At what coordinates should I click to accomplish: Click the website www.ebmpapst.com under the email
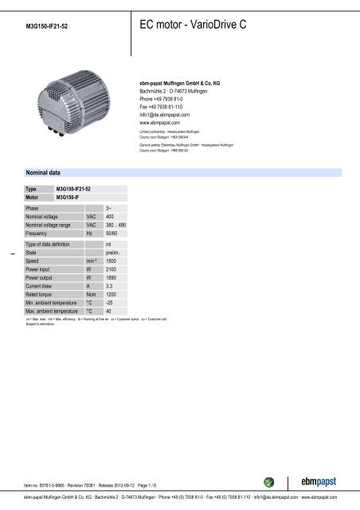[165, 124]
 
